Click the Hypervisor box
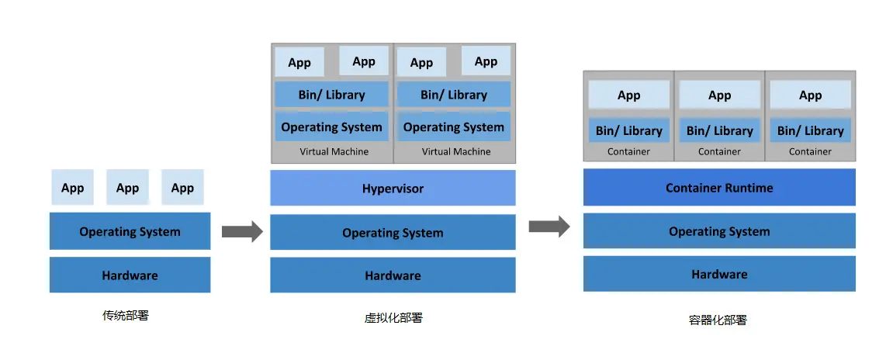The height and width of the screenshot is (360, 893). [393, 188]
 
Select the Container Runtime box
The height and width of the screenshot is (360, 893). [719, 187]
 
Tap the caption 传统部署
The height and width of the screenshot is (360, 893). [125, 315]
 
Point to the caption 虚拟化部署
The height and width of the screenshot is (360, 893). [393, 318]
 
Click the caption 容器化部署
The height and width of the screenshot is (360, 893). [718, 320]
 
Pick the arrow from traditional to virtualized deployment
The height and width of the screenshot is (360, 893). [242, 231]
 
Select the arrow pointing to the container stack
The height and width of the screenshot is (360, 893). [549, 226]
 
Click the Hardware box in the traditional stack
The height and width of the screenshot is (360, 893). [130, 275]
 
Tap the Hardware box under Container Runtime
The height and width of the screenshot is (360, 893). [719, 273]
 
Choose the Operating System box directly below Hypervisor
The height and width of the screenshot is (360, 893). [393, 232]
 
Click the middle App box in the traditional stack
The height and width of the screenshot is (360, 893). [127, 187]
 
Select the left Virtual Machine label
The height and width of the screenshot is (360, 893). [334, 151]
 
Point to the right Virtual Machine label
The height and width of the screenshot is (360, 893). [456, 151]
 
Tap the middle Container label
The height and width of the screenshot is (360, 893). [719, 151]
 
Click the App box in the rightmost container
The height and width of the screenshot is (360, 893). [811, 95]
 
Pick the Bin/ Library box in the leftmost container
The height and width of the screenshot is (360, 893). [628, 130]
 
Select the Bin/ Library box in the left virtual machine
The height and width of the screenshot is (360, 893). [331, 95]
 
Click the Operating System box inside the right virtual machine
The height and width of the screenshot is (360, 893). [454, 126]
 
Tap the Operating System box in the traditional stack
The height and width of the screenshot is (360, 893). [130, 230]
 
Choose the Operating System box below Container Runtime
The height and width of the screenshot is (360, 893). [719, 230]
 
